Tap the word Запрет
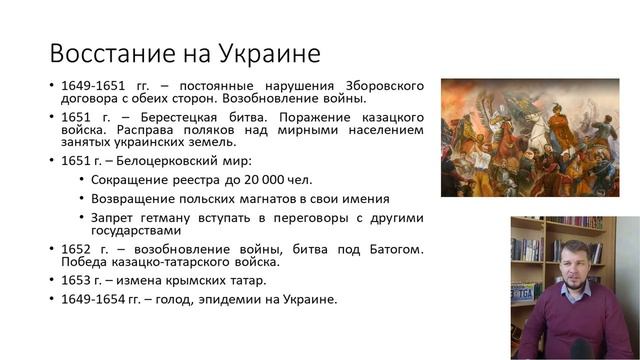[113, 217]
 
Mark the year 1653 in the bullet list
[76, 281]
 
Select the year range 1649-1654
[90, 299]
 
